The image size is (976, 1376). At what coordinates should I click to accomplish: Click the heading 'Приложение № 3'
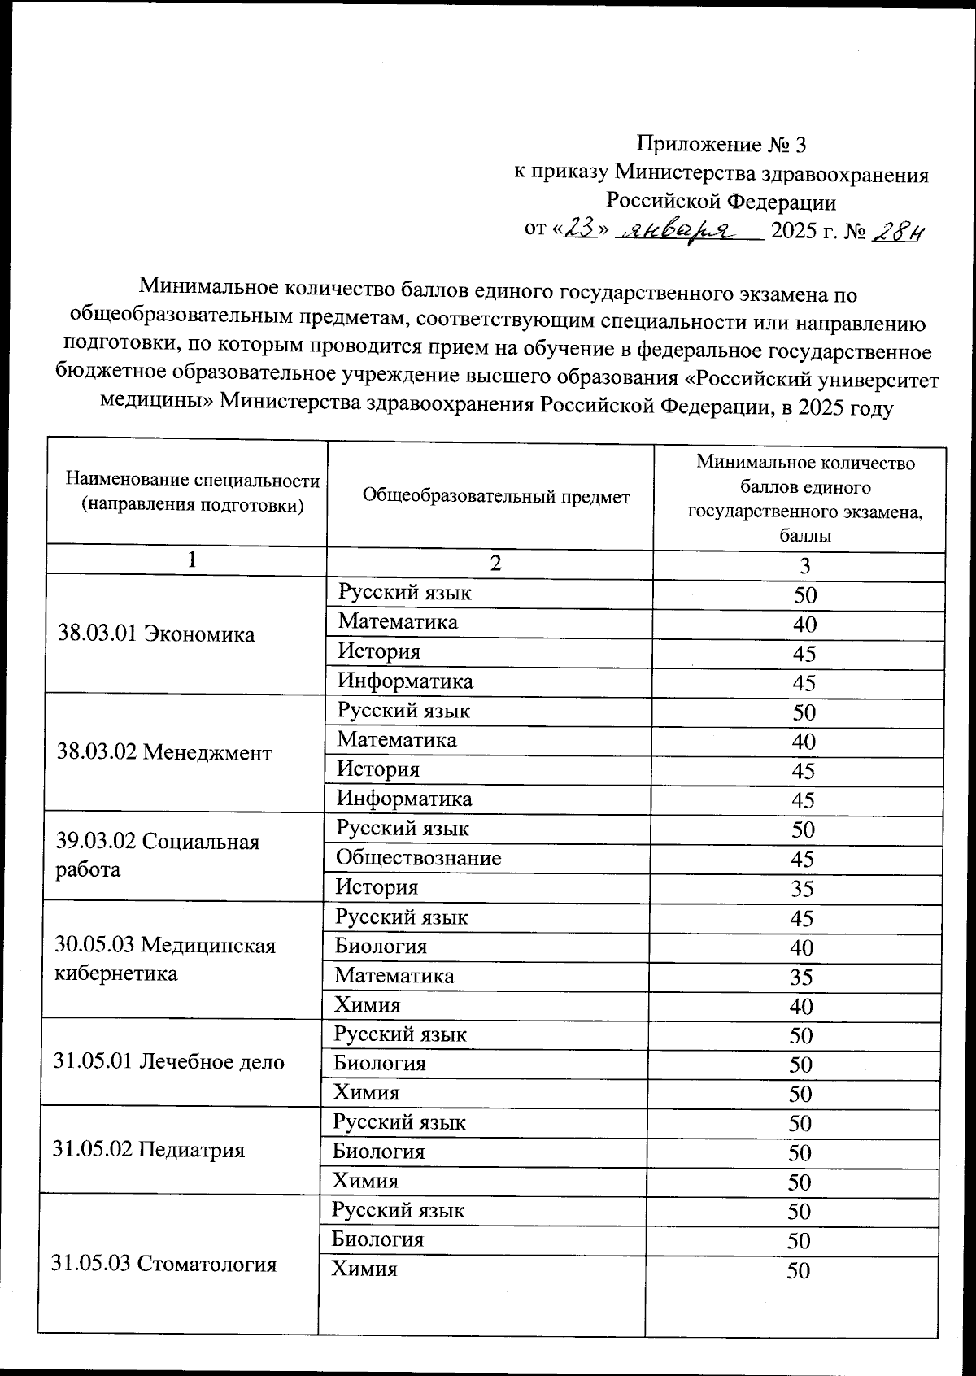click(x=721, y=145)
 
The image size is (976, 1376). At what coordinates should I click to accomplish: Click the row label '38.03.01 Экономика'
click(x=157, y=634)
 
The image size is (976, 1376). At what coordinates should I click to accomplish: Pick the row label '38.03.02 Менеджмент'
click(x=164, y=752)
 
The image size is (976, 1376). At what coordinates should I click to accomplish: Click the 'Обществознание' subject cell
click(x=419, y=858)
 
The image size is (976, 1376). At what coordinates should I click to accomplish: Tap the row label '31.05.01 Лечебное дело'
click(x=169, y=1062)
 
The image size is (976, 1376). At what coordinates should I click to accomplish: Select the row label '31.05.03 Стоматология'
click(x=164, y=1264)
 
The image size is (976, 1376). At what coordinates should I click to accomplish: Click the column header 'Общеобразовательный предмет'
click(x=495, y=496)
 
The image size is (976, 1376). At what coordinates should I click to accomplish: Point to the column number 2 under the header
click(x=495, y=563)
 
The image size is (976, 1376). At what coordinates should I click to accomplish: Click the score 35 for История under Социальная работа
click(x=802, y=889)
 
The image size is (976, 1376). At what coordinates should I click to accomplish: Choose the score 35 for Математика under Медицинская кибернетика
click(x=801, y=978)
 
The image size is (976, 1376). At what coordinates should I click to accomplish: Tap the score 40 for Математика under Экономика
click(x=804, y=625)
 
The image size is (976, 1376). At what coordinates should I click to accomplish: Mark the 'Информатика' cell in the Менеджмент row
click(x=404, y=799)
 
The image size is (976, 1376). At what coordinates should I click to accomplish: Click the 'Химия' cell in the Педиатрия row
click(x=365, y=1181)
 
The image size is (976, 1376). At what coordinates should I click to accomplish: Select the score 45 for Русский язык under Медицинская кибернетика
click(x=801, y=919)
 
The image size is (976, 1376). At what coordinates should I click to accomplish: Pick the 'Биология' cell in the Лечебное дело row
click(x=380, y=1064)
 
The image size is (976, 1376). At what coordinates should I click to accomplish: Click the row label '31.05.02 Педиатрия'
click(x=149, y=1150)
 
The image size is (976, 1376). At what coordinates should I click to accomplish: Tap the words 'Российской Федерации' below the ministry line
click(x=721, y=200)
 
